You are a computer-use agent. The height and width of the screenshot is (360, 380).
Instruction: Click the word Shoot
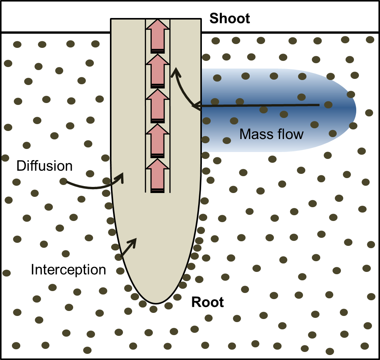[230, 18]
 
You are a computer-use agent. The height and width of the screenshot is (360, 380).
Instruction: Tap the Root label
[208, 302]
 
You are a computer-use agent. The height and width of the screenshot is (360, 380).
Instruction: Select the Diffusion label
[44, 166]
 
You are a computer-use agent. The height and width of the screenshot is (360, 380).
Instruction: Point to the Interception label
[68, 270]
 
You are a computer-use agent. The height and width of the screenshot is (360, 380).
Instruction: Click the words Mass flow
[271, 134]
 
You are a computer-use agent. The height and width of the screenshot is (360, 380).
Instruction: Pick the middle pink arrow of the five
[157, 106]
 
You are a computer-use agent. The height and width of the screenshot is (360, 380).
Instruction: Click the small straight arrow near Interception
[129, 247]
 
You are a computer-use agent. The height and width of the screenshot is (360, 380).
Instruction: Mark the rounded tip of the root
[156, 303]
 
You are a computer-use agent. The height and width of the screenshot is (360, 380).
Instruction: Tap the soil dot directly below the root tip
[154, 309]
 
